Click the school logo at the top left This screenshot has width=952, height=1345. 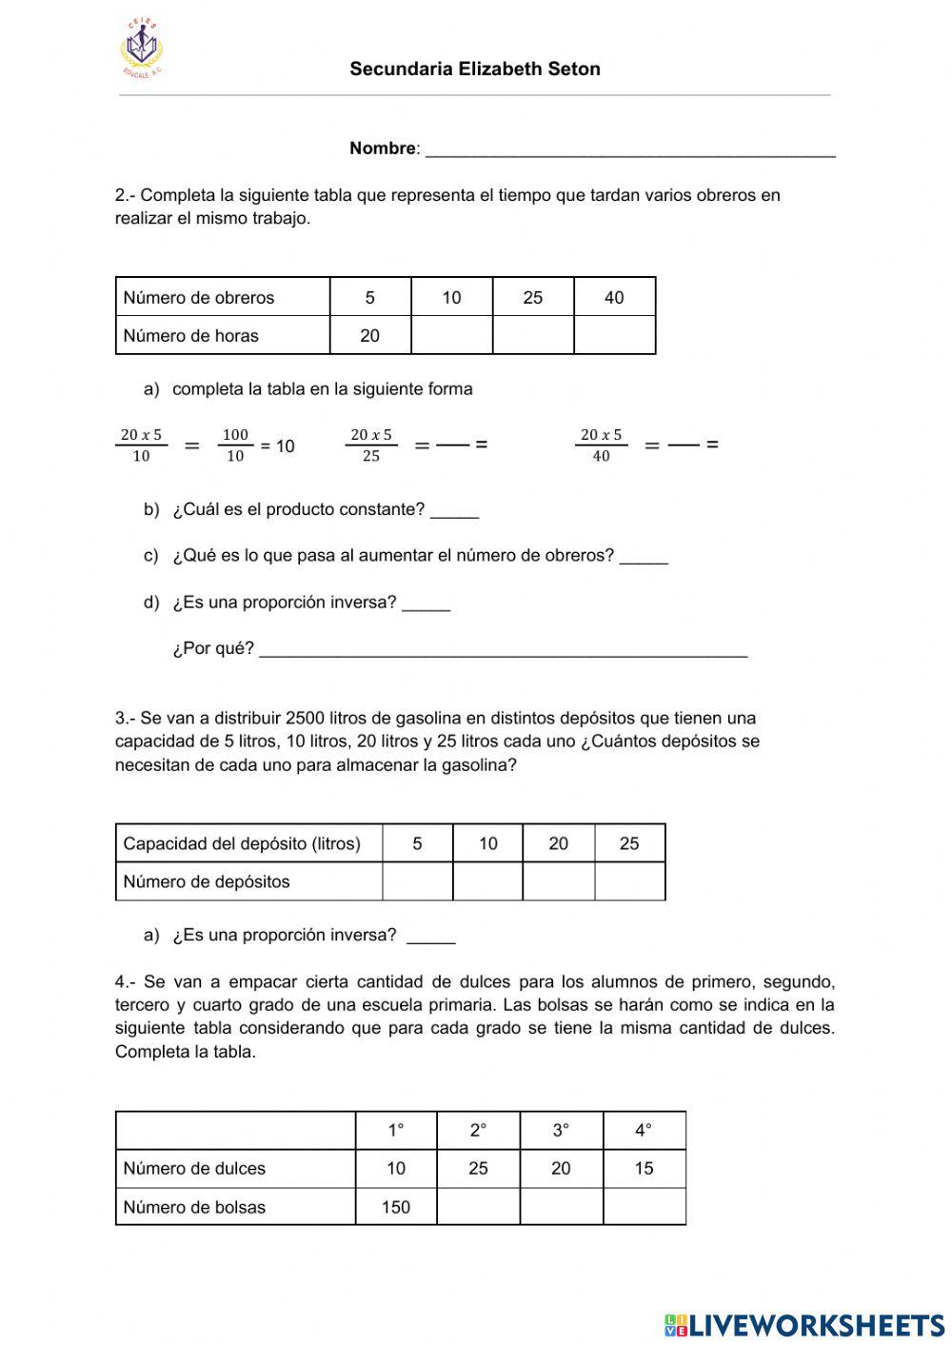[x=142, y=49]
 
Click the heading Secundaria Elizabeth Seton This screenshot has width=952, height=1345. [x=474, y=69]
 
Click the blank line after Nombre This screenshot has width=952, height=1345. [x=629, y=150]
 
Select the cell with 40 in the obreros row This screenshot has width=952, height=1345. [x=614, y=297]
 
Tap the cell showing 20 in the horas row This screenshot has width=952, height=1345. [x=369, y=335]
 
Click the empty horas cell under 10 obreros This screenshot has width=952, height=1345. [x=451, y=335]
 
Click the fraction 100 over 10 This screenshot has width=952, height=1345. [x=234, y=445]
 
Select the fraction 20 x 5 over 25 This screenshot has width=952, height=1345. [x=371, y=445]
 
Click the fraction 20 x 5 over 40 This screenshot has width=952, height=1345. [x=601, y=445]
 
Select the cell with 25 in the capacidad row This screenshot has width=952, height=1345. [x=629, y=843]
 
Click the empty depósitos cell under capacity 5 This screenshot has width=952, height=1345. [x=417, y=881]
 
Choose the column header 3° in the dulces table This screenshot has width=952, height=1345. [x=561, y=1130]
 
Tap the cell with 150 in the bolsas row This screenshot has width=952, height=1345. [x=395, y=1207]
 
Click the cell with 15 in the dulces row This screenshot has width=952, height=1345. [x=644, y=1168]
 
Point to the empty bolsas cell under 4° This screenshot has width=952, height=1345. [x=644, y=1207]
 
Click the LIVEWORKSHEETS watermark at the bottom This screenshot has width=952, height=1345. [x=804, y=1324]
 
